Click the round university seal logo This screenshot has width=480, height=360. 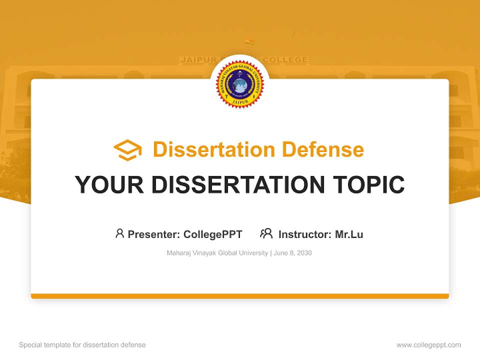click(240, 83)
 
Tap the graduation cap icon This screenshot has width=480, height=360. click(127, 150)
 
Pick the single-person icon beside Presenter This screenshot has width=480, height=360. click(119, 233)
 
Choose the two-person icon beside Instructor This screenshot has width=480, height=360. click(266, 233)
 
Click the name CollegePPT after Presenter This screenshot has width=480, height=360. click(213, 234)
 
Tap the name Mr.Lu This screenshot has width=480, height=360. click(349, 234)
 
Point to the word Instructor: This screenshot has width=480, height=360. click(305, 234)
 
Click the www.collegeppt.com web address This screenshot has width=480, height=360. click(429, 345)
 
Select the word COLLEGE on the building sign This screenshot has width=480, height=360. click(285, 60)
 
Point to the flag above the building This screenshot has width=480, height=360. click(249, 42)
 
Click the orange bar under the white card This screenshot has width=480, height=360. click(240, 296)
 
